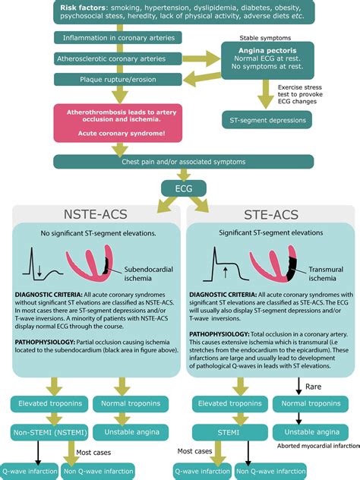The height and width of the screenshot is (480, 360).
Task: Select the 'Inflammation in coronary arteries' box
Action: tap(114, 37)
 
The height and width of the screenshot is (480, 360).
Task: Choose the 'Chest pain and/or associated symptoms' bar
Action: tap(179, 160)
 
